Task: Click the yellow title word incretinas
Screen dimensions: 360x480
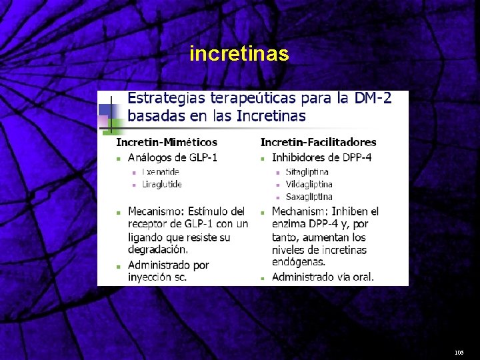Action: click(x=239, y=53)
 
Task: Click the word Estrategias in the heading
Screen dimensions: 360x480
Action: click(x=167, y=99)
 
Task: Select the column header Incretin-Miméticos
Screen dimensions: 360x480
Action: click(x=167, y=142)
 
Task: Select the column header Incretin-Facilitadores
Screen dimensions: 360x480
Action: click(x=318, y=142)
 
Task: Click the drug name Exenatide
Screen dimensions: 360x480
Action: click(x=161, y=172)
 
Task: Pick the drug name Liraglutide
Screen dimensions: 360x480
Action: click(x=162, y=184)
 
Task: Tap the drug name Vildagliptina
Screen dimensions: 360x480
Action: click(x=309, y=184)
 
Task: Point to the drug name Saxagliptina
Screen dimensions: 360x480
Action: click(x=309, y=197)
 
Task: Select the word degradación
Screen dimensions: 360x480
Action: click(x=158, y=249)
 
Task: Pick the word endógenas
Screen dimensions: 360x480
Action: click(x=298, y=262)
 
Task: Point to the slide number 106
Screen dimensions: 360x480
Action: click(x=459, y=351)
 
